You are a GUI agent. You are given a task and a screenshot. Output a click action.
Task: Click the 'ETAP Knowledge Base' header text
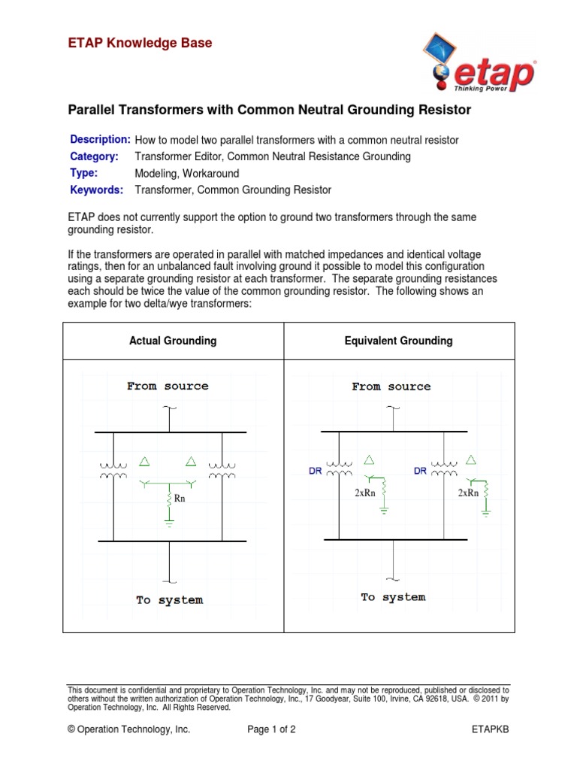[140, 44]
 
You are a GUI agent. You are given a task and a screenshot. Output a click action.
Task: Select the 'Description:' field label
[100, 140]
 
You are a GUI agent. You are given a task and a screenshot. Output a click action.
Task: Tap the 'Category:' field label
[94, 156]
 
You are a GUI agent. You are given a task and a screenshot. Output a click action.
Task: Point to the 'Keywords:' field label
[96, 190]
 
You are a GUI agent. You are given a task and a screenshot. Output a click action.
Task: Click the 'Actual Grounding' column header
[173, 341]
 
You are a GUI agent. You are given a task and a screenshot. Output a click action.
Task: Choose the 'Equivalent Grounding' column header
[398, 341]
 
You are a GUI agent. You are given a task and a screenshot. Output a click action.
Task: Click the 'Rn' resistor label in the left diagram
[180, 498]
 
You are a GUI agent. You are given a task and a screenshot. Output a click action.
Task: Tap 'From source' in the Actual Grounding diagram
[168, 386]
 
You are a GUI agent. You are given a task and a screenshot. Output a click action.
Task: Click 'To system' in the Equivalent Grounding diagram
[393, 597]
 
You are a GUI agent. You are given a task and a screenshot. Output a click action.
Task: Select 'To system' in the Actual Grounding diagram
[169, 600]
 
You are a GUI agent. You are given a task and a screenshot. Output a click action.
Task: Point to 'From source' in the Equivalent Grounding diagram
[391, 387]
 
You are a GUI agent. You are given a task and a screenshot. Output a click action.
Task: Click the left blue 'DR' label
[316, 471]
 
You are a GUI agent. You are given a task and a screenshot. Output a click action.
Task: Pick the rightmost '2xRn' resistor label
[468, 493]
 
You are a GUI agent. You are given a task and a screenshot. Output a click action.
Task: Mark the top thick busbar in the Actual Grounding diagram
[171, 432]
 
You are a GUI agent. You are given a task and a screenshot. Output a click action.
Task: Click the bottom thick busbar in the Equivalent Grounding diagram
[396, 539]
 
